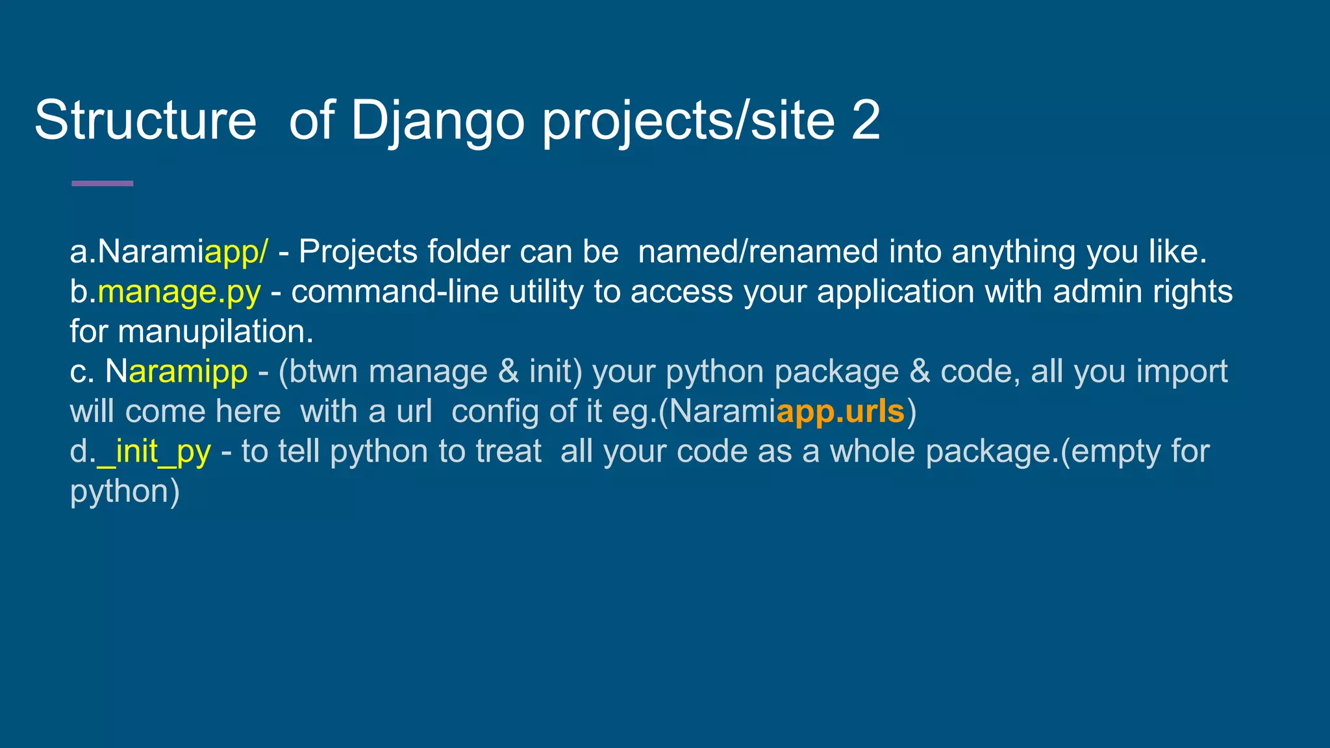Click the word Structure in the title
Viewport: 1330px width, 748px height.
(x=145, y=120)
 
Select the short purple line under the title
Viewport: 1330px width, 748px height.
(x=102, y=184)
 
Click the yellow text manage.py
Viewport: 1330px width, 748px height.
(x=179, y=292)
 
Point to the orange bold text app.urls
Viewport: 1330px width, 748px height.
(x=840, y=412)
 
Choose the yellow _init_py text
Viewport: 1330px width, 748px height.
(x=154, y=451)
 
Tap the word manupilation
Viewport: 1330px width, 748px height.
(x=216, y=332)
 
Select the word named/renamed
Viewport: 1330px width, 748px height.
(x=758, y=252)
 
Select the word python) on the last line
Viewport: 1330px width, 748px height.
(x=125, y=492)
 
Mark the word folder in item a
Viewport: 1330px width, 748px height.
(x=468, y=252)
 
